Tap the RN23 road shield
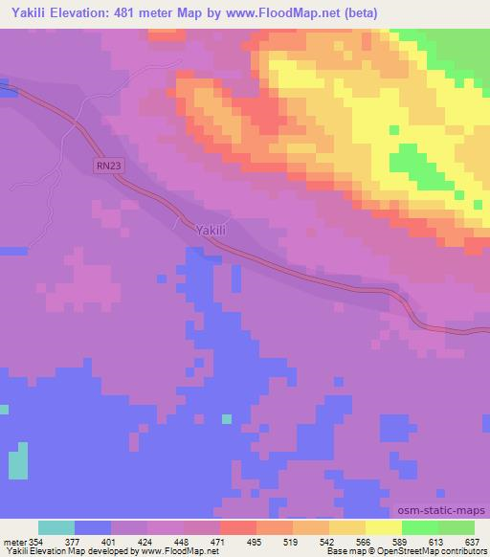pyautogui.click(x=108, y=166)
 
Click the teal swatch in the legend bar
pyautogui.click(x=56, y=527)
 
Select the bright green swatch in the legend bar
pyautogui.click(x=420, y=527)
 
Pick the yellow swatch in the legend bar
pyautogui.click(x=384, y=527)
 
